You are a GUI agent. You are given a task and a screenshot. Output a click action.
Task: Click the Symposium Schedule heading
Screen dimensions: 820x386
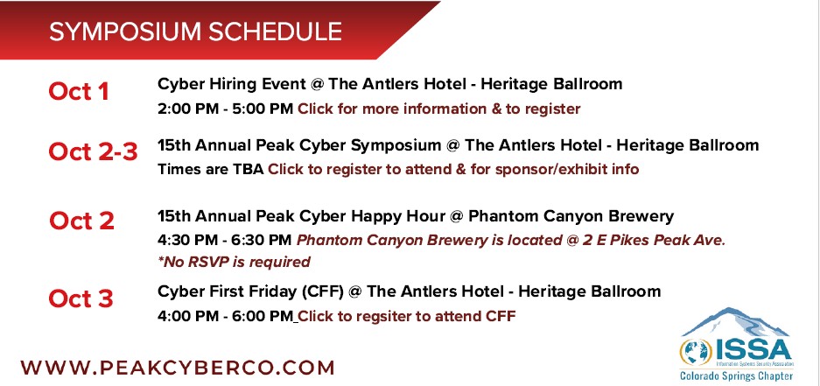click(195, 32)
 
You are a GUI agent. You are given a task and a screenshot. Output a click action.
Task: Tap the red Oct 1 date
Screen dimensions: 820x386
click(79, 92)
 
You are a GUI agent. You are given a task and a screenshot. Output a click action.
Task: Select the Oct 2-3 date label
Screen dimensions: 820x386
click(93, 152)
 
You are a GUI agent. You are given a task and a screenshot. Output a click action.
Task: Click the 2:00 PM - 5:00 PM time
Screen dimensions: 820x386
click(226, 109)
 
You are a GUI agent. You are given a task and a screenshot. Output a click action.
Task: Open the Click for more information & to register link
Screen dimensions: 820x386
click(439, 109)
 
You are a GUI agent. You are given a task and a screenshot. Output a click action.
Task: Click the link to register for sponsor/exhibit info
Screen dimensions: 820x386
click(453, 170)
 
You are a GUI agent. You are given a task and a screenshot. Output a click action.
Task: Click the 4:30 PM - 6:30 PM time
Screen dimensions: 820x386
click(224, 240)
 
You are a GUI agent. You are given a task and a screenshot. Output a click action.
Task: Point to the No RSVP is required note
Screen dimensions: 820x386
click(234, 262)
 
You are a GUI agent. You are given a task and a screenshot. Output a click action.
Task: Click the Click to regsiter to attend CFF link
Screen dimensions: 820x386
click(407, 316)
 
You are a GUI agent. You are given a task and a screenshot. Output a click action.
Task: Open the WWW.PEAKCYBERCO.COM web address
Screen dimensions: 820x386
click(178, 367)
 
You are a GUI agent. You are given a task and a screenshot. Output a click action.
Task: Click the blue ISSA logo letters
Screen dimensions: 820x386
click(753, 350)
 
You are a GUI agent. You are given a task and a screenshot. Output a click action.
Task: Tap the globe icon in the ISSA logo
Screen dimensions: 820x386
click(696, 352)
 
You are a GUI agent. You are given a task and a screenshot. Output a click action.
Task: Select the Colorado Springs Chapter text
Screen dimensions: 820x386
click(736, 375)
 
